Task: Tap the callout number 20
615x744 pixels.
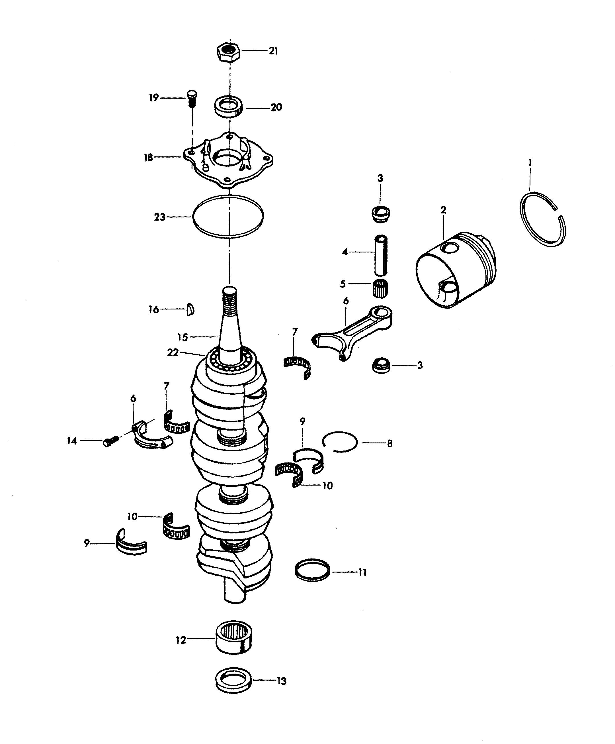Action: pyautogui.click(x=276, y=107)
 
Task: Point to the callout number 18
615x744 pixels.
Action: pyautogui.click(x=149, y=157)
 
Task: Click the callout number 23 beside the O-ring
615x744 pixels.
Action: pyautogui.click(x=160, y=217)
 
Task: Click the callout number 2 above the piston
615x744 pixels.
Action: pyautogui.click(x=443, y=210)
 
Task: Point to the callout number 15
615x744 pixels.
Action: pyautogui.click(x=183, y=337)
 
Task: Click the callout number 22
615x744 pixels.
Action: pyautogui.click(x=173, y=353)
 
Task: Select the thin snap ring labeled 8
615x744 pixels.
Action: pyautogui.click(x=340, y=442)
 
